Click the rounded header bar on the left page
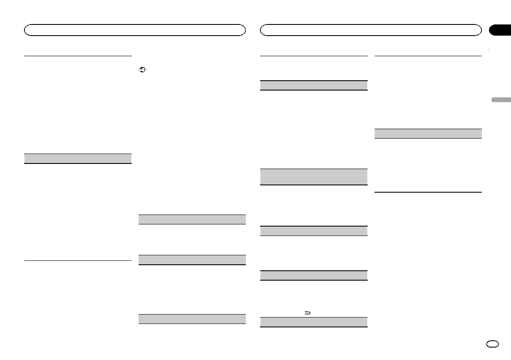pyautogui.click(x=135, y=30)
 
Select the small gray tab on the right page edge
pyautogui.click(x=501, y=100)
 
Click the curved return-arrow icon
pyautogui.click(x=307, y=313)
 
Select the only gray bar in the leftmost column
pyautogui.click(x=77, y=158)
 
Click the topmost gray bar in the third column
pyautogui.click(x=314, y=85)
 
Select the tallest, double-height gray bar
pyautogui.click(x=314, y=177)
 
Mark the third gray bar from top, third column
pyautogui.click(x=314, y=231)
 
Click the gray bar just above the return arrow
pyautogui.click(x=314, y=275)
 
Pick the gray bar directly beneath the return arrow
pyautogui.click(x=314, y=322)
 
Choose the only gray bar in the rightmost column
pyautogui.click(x=428, y=133)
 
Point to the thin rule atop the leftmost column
pyautogui.click(x=77, y=55)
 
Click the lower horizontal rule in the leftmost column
pyautogui.click(x=77, y=260)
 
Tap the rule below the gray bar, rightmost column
pyautogui.click(x=428, y=192)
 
